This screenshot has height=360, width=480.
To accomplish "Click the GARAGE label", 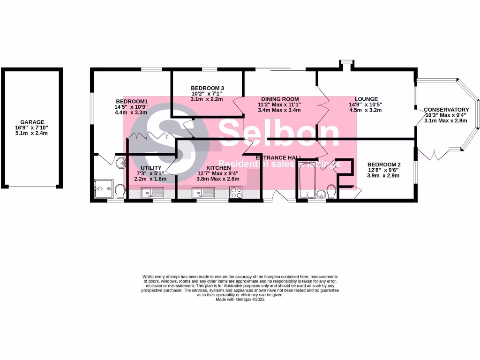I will (x=32, y=122).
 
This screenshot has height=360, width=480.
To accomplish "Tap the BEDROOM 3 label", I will (x=207, y=88).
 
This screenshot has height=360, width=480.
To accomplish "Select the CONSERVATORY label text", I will (x=446, y=110).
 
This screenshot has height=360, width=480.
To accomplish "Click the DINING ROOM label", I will (x=280, y=99).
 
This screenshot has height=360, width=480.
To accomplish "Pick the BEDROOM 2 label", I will (x=384, y=164).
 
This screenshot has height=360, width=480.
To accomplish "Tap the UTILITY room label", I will (x=151, y=168).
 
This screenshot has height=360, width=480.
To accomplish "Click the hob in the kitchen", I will (x=235, y=192).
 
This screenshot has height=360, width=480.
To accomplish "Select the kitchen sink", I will (x=203, y=192).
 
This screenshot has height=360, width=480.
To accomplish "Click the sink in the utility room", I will (x=152, y=192).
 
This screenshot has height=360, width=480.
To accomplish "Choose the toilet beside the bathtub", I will (x=331, y=191).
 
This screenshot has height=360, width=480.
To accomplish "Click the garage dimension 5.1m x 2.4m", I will (x=32, y=133).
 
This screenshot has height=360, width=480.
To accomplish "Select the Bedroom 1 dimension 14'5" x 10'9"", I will (x=132, y=106).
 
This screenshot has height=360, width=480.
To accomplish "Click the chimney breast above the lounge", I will (x=347, y=64).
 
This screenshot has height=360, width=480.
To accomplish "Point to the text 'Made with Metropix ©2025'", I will (x=240, y=300).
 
